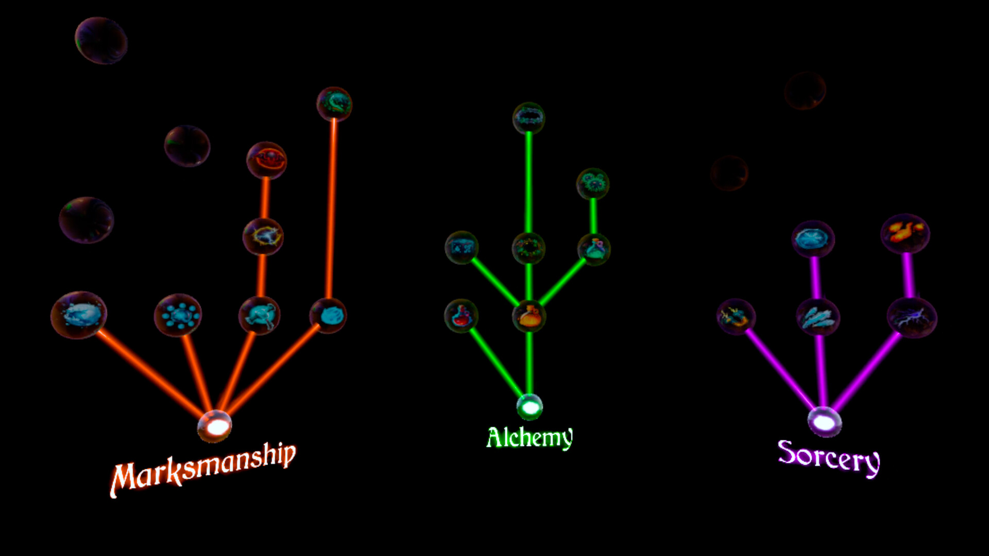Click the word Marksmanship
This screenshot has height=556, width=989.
203,469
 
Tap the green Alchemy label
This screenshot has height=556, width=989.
530,438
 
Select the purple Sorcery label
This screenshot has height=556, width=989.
829,458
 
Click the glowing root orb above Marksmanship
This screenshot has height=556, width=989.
215,426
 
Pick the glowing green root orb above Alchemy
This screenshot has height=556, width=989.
530,407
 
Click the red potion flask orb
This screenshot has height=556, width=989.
461,316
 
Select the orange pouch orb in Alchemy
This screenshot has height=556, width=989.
529,316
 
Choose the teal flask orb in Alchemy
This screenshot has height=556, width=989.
594,249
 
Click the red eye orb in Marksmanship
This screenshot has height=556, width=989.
266,160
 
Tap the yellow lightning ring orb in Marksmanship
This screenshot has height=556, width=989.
263,237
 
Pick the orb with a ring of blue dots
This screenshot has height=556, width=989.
178,315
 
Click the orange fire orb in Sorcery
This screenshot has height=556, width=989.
906,234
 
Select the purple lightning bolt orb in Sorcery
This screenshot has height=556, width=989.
912,318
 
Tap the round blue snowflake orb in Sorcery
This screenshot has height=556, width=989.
813,239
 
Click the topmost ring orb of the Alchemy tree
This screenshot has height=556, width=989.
528,118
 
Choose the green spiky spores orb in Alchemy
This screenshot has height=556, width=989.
593,183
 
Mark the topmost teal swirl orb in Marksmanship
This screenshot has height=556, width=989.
334,104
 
